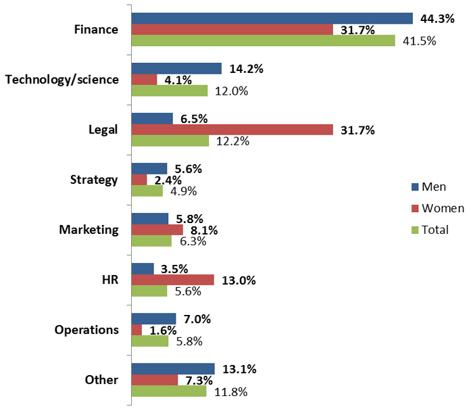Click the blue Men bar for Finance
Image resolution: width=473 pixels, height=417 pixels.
(x=272, y=18)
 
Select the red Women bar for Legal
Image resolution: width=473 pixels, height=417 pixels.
(x=232, y=129)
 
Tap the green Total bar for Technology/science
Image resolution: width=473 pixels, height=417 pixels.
(x=169, y=91)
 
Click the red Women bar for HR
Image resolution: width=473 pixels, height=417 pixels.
(x=172, y=280)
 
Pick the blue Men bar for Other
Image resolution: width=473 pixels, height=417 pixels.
(x=172, y=369)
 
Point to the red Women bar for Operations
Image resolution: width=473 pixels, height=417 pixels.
(x=136, y=330)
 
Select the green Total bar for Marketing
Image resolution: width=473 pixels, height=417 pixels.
(x=152, y=241)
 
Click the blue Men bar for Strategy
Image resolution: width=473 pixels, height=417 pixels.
(x=149, y=168)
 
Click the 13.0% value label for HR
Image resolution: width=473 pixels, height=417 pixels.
(x=239, y=280)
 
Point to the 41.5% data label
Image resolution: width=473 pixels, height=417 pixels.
(x=419, y=41)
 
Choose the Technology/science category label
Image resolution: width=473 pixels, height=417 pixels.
(x=61, y=80)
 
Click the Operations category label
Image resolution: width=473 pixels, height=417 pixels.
(x=86, y=330)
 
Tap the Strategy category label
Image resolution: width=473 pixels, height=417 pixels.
(x=94, y=180)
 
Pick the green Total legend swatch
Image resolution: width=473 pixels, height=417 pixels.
(x=414, y=230)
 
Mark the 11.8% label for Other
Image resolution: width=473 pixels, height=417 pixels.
(x=230, y=391)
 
